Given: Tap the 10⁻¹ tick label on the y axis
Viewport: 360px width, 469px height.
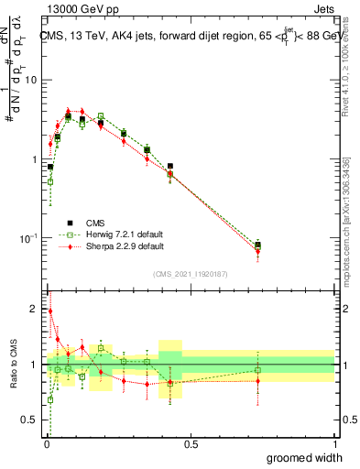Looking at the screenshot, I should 30,238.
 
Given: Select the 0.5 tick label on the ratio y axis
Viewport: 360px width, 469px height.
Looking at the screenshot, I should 32,420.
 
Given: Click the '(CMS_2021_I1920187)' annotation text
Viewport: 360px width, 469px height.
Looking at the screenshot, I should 191,273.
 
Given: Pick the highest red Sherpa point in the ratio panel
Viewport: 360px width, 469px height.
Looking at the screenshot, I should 49,311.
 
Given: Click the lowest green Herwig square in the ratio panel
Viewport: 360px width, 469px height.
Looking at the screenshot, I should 49,399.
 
